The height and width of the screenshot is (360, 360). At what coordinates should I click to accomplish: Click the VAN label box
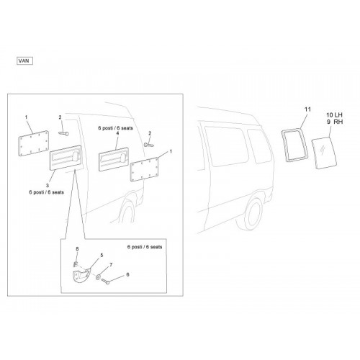24,61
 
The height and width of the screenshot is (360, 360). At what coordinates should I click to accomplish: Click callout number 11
307,109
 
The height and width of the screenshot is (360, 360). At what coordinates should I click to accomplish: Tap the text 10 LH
334,115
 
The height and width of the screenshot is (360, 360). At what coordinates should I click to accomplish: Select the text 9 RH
335,122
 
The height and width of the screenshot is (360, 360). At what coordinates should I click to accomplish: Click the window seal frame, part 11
283,144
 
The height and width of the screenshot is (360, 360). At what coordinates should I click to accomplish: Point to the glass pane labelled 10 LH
324,153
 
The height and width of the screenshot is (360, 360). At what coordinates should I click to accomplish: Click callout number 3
48,185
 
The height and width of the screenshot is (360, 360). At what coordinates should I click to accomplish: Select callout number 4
117,133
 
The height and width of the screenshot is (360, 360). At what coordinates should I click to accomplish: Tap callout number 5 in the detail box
102,255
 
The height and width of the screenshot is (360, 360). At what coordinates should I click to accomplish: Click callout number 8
77,249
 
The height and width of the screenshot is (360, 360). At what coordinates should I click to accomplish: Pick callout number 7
111,265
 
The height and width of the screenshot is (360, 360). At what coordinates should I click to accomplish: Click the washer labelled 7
99,277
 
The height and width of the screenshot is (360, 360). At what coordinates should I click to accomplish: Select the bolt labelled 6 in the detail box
105,281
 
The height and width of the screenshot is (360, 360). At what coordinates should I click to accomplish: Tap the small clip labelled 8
75,264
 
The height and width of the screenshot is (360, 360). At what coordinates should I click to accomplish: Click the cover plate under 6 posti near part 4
114,159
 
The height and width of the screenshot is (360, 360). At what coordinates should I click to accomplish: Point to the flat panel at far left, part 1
33,143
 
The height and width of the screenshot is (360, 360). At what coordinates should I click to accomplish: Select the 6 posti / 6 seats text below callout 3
47,192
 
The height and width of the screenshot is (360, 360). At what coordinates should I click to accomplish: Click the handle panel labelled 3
65,158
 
